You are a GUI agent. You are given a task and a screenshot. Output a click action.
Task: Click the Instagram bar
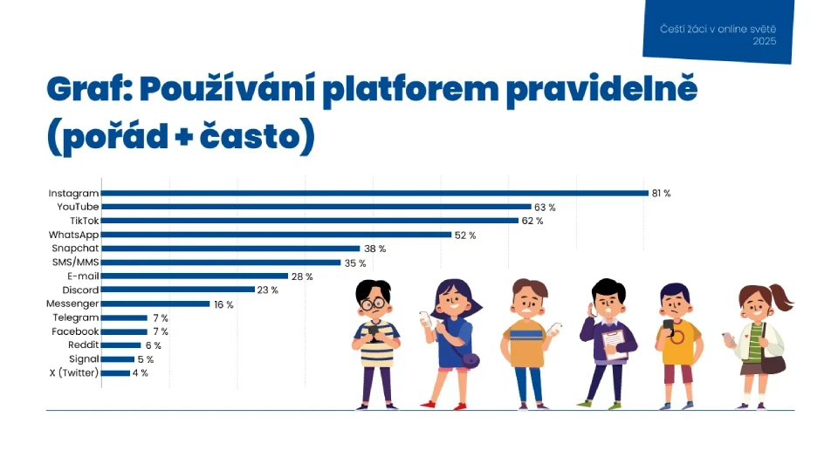point(374,193)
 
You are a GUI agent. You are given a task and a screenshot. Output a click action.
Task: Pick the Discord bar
point(178,290)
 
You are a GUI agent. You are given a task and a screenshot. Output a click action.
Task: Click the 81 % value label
point(661,193)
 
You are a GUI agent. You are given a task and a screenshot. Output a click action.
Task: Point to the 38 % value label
point(374,249)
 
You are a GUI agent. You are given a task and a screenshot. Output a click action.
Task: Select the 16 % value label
point(224,304)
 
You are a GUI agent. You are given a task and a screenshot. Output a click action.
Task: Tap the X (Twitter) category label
point(74,373)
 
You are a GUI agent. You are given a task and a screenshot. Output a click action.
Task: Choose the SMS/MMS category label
point(74,263)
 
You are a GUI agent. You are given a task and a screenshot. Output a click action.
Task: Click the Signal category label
point(84,359)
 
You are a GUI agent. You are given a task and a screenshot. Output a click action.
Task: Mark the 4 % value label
point(140,373)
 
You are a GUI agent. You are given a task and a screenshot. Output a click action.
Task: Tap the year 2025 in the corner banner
point(764,40)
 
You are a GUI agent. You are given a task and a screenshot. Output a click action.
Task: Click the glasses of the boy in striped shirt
point(374,304)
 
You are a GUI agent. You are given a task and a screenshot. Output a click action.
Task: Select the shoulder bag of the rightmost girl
point(773,362)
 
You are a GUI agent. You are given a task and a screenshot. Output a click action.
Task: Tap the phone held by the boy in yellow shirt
point(669,324)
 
